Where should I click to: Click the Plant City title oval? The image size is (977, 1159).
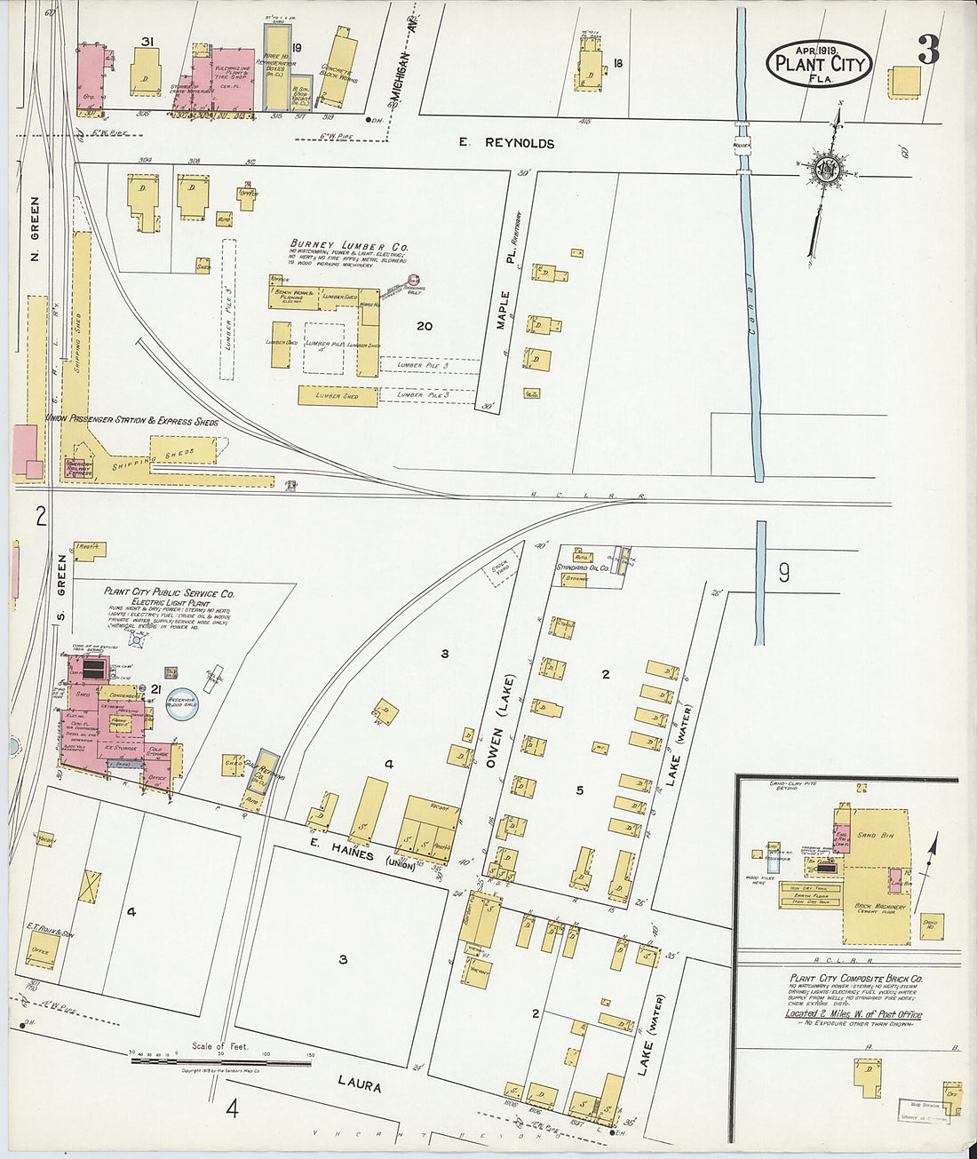(x=819, y=63)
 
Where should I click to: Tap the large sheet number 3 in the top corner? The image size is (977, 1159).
(x=927, y=52)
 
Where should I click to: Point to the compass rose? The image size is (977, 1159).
(x=827, y=170)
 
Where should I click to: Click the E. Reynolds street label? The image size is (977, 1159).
(x=506, y=143)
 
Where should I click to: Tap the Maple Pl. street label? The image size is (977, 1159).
(x=504, y=310)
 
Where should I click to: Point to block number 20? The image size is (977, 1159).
(x=425, y=326)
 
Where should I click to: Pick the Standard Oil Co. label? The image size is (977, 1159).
(x=582, y=567)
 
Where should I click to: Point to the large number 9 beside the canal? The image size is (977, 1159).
(x=783, y=574)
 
